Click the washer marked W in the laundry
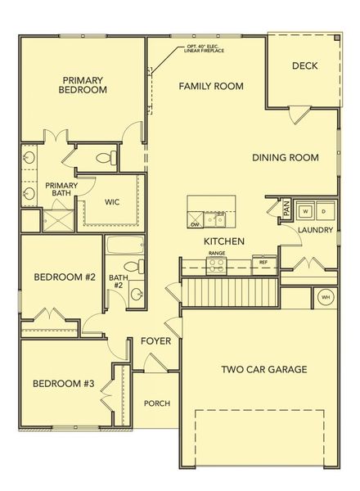pos(305,210)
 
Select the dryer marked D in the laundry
pos(323,210)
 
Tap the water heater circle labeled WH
pos(325,297)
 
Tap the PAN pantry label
pos(286,209)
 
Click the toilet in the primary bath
pos(104,157)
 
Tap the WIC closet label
pos(113,201)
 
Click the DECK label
pos(304,66)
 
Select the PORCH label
pos(156,403)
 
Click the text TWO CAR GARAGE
pos(264,369)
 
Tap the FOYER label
pos(155,340)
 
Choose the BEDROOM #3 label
pos(63,383)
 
